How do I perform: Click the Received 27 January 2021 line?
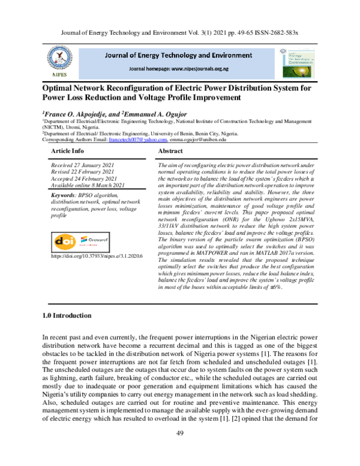tap(82, 164)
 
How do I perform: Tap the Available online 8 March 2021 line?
tap(88, 186)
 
